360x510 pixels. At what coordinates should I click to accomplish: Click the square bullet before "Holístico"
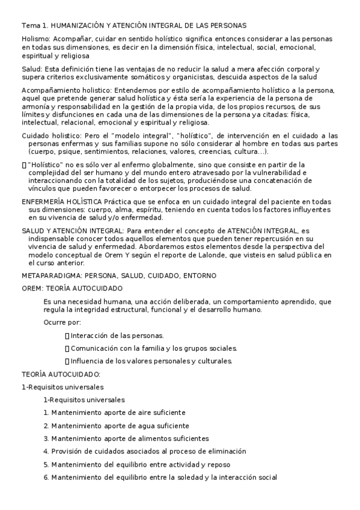[24, 164]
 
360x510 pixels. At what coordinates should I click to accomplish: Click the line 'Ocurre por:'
[63, 322]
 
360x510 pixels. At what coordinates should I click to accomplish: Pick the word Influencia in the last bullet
[88, 361]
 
